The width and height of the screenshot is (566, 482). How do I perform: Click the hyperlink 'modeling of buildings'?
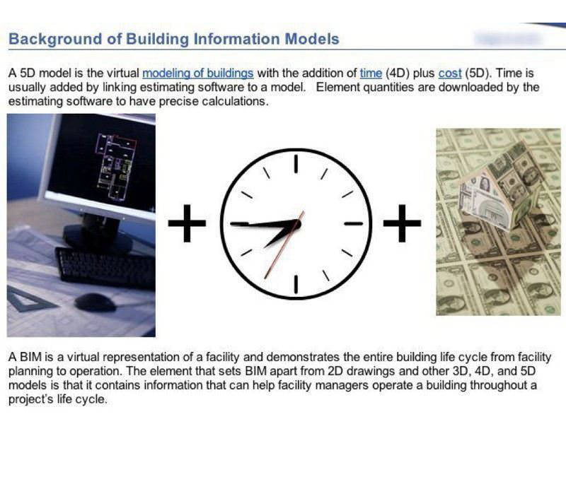click(198, 74)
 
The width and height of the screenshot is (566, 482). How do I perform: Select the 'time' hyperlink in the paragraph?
click(371, 74)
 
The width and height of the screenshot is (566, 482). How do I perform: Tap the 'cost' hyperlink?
click(450, 74)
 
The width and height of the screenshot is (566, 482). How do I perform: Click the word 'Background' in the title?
click(55, 40)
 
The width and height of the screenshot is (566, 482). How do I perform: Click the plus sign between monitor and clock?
click(187, 223)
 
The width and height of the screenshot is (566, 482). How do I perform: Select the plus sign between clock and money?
click(402, 223)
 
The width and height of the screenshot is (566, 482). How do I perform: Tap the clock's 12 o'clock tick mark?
click(296, 164)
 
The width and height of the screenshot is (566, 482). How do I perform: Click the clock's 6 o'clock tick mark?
click(296, 284)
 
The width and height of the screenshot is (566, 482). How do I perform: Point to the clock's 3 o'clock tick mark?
click(353, 223)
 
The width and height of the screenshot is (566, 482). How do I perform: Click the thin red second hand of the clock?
click(284, 245)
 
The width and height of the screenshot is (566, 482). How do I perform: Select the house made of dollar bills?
click(498, 187)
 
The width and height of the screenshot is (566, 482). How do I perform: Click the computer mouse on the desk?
click(96, 302)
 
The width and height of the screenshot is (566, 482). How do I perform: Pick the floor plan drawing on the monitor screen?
click(115, 166)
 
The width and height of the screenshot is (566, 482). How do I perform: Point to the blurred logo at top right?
click(508, 38)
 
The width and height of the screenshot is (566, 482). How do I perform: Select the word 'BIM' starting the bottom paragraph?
click(31, 357)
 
